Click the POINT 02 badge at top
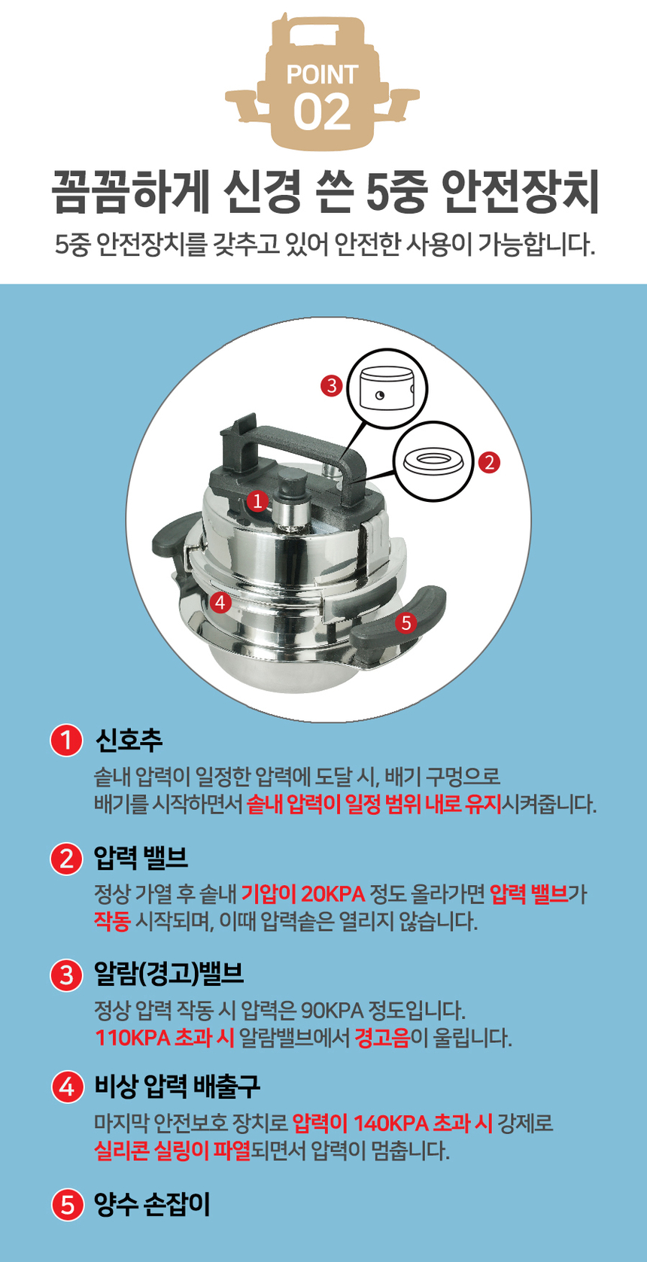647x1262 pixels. click(x=322, y=83)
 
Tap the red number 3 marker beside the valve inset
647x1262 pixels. click(x=331, y=386)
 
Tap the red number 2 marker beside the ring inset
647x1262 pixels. click(x=489, y=462)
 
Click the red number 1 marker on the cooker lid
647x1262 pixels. click(x=257, y=500)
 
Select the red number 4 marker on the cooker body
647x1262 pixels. click(x=220, y=602)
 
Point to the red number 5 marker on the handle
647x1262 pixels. click(x=406, y=623)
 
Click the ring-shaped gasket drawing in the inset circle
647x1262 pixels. click(x=434, y=461)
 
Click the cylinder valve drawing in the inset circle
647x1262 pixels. click(x=386, y=388)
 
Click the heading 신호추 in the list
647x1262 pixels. click(x=129, y=740)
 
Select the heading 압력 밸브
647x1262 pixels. click(x=141, y=857)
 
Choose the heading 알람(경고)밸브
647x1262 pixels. click(x=169, y=974)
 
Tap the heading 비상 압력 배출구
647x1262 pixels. click(x=178, y=1086)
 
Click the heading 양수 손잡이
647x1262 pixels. click(x=152, y=1204)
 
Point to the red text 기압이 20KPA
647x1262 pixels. click(x=302, y=894)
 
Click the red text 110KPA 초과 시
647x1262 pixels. click(x=165, y=1038)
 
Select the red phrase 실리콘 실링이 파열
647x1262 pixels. click(x=172, y=1151)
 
